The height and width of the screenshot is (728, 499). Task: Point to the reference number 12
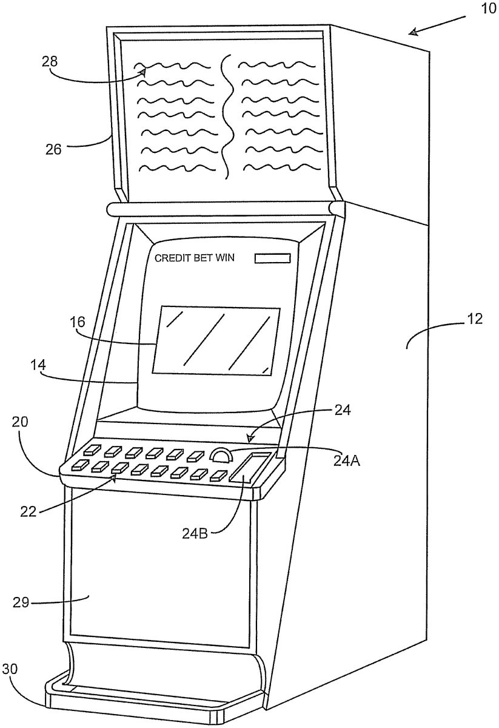pos(475,320)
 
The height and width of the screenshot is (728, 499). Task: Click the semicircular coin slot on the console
pos(221,455)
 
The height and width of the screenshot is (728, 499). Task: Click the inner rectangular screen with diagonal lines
pos(215,339)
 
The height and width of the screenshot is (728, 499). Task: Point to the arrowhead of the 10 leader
pos(412,33)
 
